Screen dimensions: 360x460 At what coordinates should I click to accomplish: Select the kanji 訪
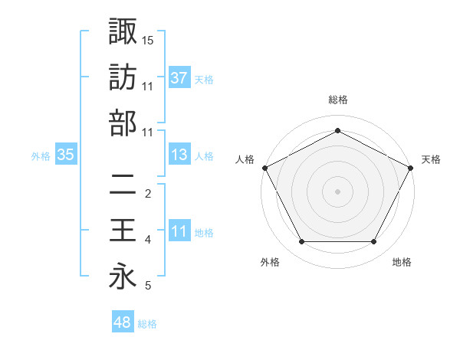(x=123, y=77)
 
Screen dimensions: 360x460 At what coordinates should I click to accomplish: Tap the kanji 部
(x=123, y=123)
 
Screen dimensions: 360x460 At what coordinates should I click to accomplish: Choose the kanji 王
(x=123, y=231)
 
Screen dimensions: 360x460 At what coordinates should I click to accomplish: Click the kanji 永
(x=123, y=277)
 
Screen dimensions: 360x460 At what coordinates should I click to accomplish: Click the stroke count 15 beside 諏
(x=148, y=39)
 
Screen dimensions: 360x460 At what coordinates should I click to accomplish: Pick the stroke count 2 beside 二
(x=148, y=194)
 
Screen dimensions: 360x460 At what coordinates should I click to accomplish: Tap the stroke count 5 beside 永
(x=148, y=286)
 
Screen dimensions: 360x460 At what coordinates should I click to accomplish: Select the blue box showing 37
(x=179, y=77)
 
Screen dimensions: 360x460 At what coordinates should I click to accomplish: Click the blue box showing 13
(x=179, y=155)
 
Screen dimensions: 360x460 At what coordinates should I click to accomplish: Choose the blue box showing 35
(x=65, y=155)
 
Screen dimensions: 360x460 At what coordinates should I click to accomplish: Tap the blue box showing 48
(x=123, y=323)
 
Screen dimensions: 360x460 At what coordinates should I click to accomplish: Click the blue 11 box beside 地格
(x=179, y=231)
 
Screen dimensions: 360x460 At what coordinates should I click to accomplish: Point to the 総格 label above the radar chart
(x=337, y=100)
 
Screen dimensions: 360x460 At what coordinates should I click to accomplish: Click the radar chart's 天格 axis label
(x=431, y=159)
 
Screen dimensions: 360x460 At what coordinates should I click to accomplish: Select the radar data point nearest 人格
(x=264, y=167)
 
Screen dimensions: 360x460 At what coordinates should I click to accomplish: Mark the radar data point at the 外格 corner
(x=301, y=241)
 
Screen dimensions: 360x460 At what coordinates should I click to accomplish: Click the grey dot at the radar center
(x=337, y=191)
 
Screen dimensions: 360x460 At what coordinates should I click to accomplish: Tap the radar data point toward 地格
(x=374, y=241)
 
